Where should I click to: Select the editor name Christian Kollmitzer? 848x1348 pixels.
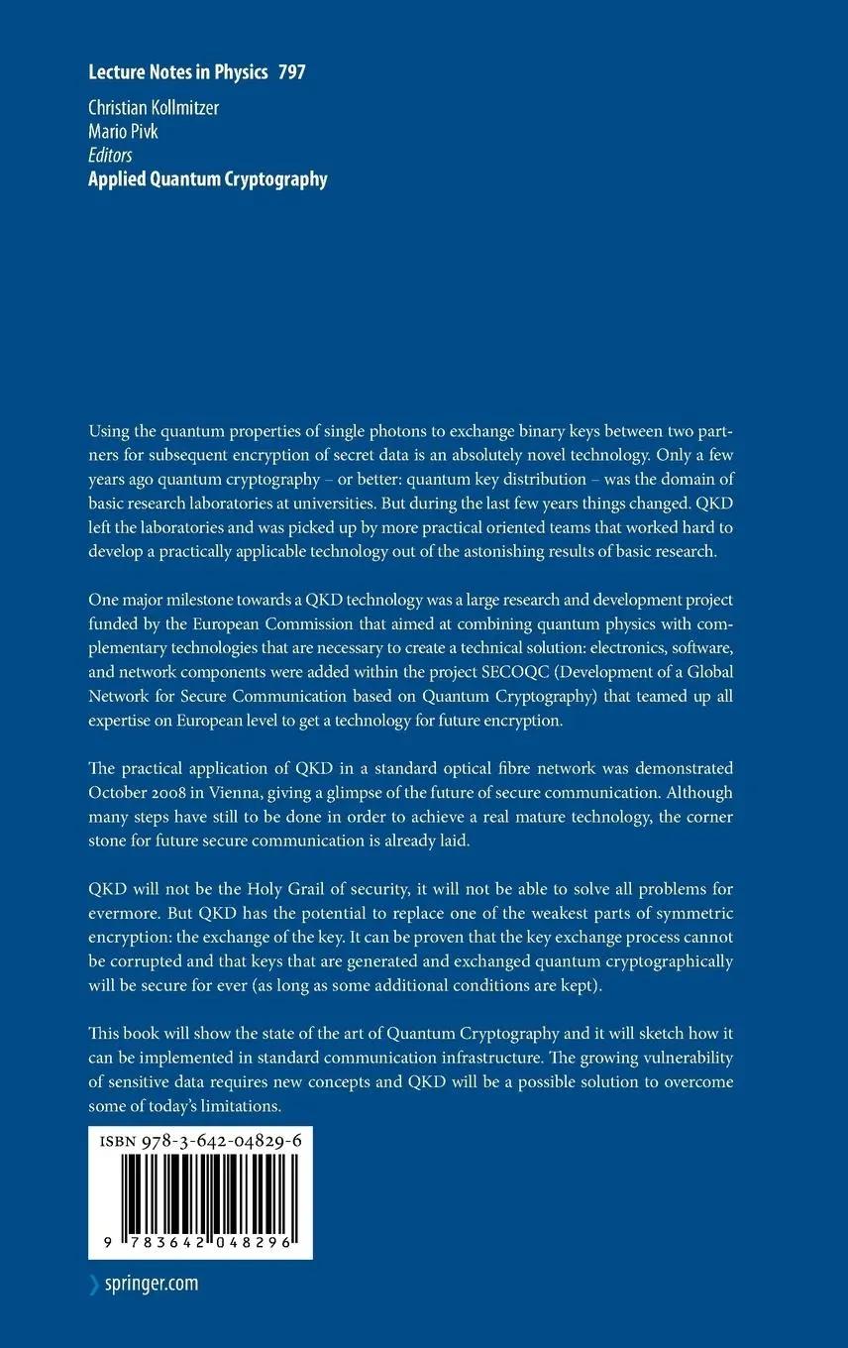coord(154,108)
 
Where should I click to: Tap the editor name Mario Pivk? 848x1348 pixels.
coord(123,131)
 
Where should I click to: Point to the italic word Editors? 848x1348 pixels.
coord(110,155)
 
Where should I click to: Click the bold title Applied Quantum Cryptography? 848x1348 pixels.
coord(208,179)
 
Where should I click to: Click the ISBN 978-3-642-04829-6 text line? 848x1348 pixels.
coord(200,1142)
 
